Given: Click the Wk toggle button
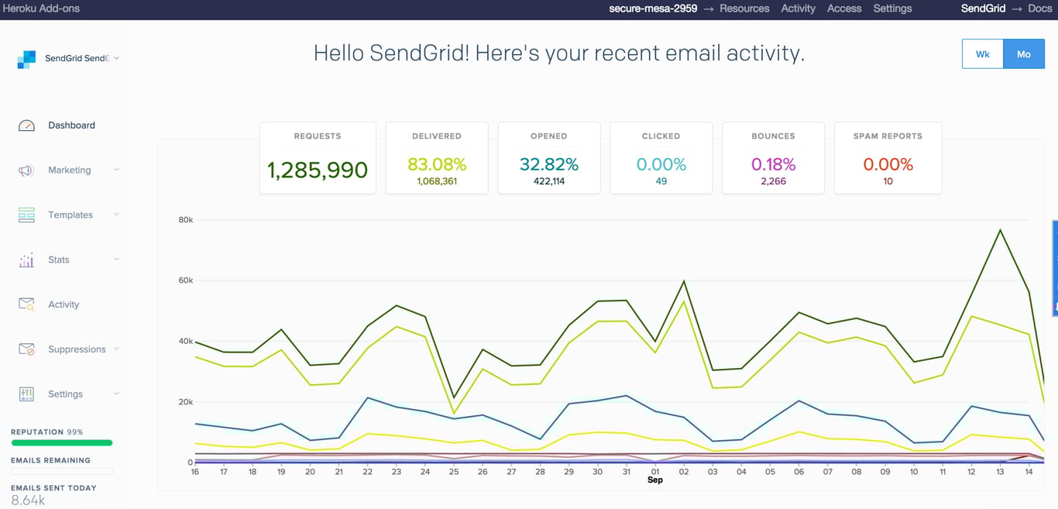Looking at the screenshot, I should click(982, 54).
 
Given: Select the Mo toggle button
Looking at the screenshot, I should click(1024, 54).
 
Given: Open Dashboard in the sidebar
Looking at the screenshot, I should click(71, 126).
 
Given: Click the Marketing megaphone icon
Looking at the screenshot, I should click(26, 170).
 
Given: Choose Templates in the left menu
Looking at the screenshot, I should click(70, 215).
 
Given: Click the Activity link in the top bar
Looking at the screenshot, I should click(798, 9).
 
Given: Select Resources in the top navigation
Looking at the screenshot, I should click(744, 9).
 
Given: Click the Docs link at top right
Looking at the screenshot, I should click(1039, 9).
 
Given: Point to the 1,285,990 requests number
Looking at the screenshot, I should click(318, 170).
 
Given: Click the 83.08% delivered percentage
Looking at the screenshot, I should click(437, 164).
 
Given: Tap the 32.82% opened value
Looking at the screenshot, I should click(549, 164).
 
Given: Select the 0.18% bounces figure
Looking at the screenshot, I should click(773, 164).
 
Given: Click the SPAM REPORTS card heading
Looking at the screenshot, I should click(888, 136).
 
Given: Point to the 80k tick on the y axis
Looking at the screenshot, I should click(186, 220).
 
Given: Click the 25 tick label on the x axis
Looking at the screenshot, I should click(454, 472).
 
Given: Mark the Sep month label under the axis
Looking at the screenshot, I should click(654, 480).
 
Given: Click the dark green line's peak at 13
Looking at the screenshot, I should click(1001, 230).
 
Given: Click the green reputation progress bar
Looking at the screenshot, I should click(62, 443).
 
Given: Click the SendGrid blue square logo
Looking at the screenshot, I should click(26, 59).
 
